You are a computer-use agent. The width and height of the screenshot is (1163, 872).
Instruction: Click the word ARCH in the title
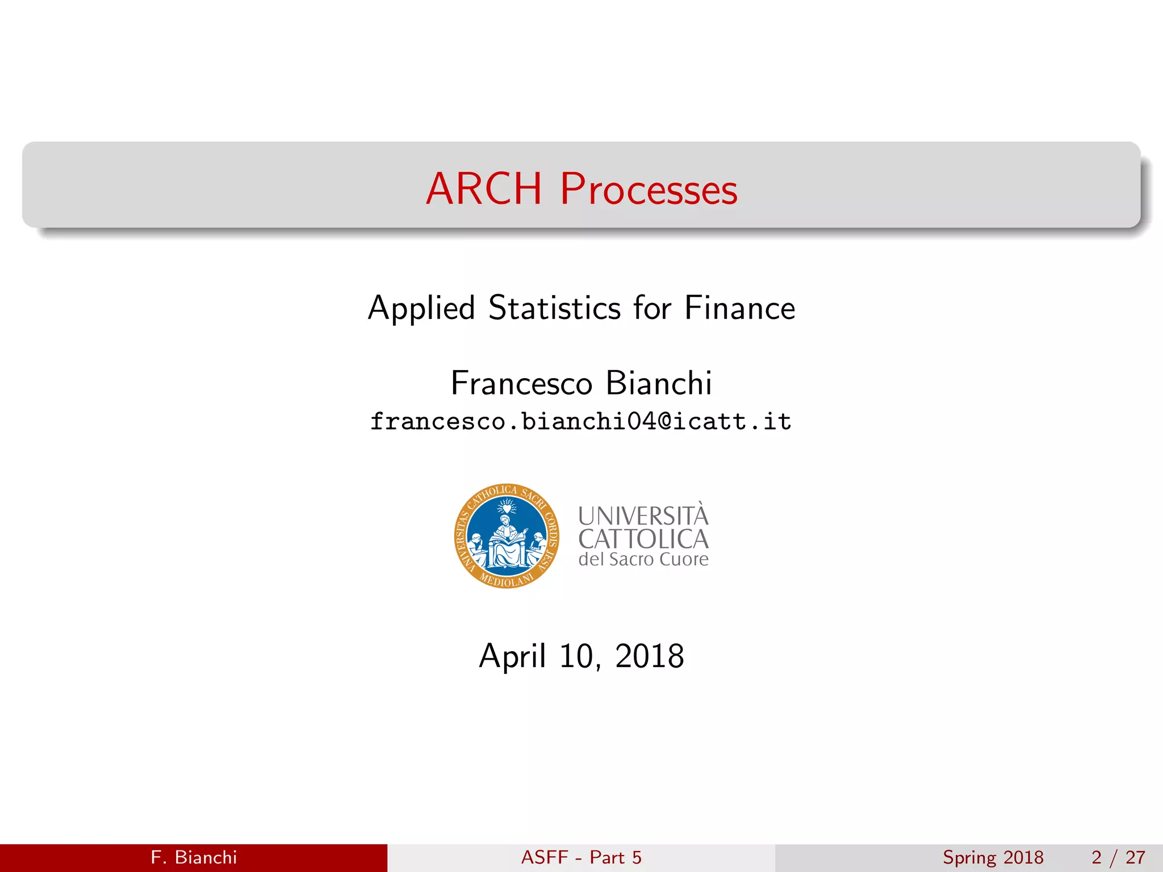click(484, 188)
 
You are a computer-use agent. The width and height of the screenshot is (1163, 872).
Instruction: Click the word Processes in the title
click(649, 190)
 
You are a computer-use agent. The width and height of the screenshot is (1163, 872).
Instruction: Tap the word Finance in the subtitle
click(739, 308)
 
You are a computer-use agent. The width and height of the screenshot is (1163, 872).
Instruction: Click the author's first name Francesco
click(521, 383)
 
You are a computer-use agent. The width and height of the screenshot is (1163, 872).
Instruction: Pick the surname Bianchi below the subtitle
click(659, 383)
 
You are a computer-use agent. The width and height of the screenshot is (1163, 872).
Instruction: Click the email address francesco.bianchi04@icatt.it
click(580, 422)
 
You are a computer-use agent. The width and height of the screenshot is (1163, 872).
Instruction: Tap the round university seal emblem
click(507, 536)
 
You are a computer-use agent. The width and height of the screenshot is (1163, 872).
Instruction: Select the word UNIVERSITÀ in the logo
click(643, 516)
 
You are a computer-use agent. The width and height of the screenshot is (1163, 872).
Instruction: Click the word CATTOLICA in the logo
click(643, 539)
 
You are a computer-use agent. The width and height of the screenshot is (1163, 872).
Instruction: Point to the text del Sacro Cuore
click(643, 560)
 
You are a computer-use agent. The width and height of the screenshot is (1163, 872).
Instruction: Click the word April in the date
click(512, 657)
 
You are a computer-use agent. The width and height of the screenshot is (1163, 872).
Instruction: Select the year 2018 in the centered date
click(650, 657)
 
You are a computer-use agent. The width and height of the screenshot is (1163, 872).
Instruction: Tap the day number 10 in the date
click(577, 657)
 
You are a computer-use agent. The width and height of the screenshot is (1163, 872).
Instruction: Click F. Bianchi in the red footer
click(194, 857)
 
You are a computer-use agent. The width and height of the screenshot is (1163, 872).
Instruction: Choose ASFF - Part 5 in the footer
click(581, 857)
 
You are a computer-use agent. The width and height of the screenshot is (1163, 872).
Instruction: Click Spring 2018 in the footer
click(993, 857)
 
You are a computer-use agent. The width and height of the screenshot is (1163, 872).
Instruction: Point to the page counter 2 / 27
click(1118, 857)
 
